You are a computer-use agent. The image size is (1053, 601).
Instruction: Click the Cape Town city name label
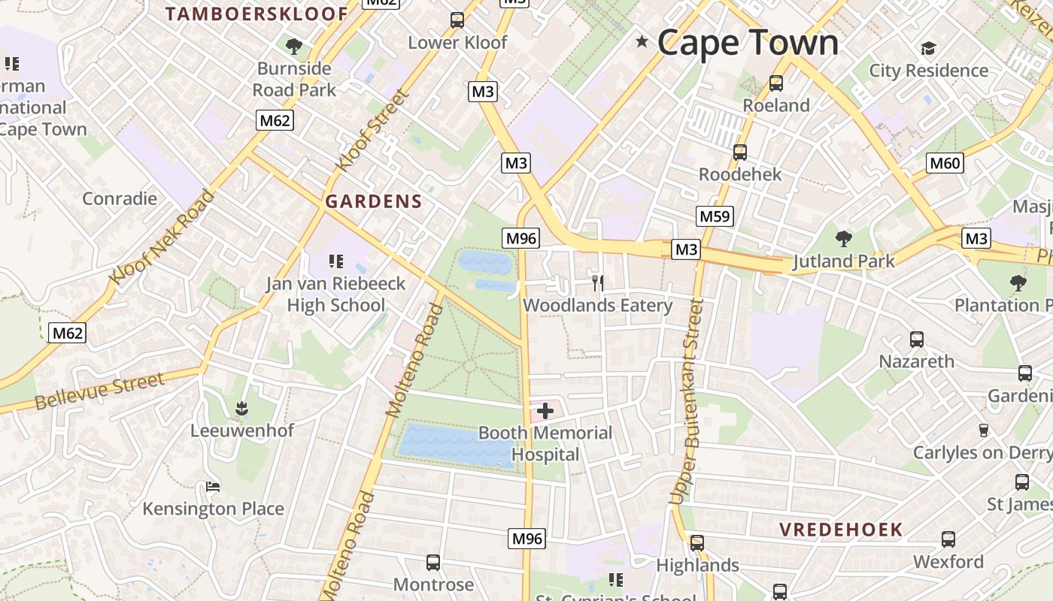click(748, 43)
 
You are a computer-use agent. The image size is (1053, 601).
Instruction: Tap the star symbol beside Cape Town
click(642, 42)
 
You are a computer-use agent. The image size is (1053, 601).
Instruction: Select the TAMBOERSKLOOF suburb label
click(256, 14)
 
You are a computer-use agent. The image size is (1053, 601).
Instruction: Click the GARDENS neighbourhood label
click(374, 201)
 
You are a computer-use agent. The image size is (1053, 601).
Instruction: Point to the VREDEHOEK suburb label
click(840, 530)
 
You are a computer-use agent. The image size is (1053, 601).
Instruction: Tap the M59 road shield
click(714, 217)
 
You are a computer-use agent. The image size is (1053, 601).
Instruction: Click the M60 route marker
click(945, 163)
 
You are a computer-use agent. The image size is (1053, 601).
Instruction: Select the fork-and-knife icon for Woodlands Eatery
click(598, 283)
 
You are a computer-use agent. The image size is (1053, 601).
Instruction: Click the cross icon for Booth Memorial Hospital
click(545, 411)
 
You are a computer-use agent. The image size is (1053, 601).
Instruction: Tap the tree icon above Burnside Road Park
click(294, 47)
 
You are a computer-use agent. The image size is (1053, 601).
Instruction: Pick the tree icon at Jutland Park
click(844, 239)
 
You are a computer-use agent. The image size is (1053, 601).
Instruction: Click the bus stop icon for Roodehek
click(740, 153)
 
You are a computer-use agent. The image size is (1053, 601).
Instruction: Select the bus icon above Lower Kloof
click(457, 20)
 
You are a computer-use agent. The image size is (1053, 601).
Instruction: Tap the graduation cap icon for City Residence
click(928, 49)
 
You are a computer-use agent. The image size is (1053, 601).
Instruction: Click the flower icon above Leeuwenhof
click(241, 409)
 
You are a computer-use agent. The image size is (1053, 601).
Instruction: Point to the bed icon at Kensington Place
click(213, 487)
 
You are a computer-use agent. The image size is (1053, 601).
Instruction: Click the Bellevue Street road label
click(99, 392)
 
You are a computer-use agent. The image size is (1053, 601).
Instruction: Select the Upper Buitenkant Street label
click(686, 402)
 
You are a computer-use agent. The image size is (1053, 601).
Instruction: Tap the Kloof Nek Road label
click(162, 237)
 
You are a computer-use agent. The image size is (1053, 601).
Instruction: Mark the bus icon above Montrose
click(433, 562)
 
